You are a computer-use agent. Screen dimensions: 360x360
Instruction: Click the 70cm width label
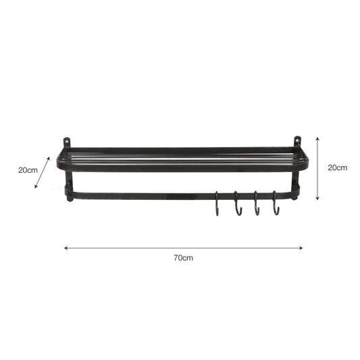click(184, 258)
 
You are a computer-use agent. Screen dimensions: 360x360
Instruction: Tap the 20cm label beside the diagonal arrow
click(28, 170)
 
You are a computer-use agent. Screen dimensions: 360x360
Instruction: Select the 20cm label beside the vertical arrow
click(337, 168)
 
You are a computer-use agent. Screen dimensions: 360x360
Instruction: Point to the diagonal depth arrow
click(43, 172)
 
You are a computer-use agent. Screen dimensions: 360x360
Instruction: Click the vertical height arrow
click(317, 167)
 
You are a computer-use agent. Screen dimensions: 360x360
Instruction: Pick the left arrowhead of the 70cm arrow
click(66, 248)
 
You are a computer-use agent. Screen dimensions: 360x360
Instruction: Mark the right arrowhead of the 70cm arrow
click(301, 248)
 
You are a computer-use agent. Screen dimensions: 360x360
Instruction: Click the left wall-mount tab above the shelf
click(66, 143)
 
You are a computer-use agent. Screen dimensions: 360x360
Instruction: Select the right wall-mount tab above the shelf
click(297, 142)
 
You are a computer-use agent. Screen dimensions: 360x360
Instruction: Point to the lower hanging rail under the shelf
click(149, 196)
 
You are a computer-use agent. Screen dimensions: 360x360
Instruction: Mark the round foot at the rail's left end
click(68, 199)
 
